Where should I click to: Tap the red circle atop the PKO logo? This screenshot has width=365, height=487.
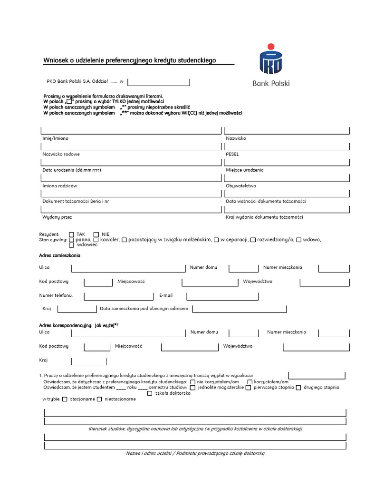[x=271, y=46]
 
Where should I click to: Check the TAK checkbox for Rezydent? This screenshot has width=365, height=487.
[x=72, y=234]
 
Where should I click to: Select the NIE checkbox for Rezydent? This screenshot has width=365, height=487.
[x=96, y=234]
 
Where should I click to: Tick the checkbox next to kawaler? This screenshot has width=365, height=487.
[x=97, y=240]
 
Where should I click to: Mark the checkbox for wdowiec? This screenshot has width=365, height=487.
[x=72, y=245]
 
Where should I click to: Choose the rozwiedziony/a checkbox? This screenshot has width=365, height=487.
[x=253, y=240]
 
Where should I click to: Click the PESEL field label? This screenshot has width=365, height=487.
[x=232, y=154]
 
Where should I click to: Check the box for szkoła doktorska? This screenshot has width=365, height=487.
[x=150, y=393]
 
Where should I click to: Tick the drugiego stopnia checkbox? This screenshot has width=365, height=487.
[x=298, y=388]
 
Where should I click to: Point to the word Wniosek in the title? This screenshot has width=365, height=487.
[x=54, y=60]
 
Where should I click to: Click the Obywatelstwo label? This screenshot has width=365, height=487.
[x=241, y=186]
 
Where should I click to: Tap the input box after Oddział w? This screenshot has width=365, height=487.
[x=159, y=82]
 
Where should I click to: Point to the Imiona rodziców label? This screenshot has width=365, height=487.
[x=59, y=186]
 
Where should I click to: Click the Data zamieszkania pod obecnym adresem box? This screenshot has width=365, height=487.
[x=240, y=309]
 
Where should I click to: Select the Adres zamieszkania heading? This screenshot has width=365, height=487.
[x=59, y=256]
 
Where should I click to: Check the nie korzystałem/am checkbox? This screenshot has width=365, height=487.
[x=192, y=382]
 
